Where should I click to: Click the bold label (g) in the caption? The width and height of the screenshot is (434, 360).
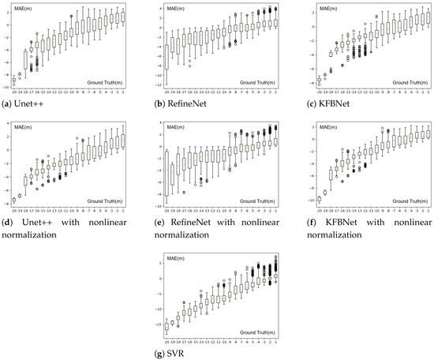pos(158,350)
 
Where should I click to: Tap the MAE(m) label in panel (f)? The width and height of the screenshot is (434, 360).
pos(317,126)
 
